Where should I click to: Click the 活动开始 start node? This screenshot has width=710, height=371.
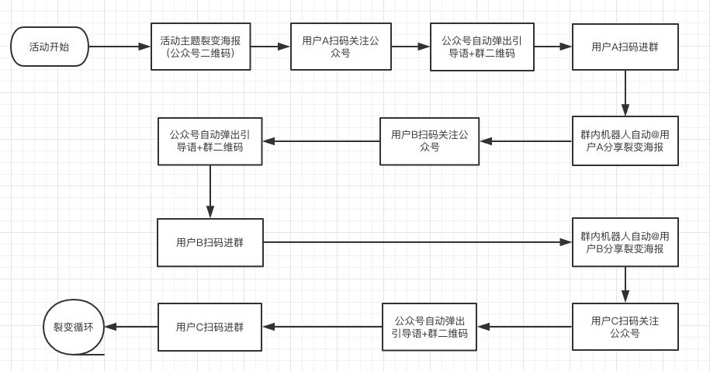coord(48,47)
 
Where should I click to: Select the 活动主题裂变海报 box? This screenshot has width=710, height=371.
coord(200,47)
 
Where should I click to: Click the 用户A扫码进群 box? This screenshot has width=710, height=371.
coord(625,47)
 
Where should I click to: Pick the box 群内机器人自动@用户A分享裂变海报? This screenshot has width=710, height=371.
coord(625,141)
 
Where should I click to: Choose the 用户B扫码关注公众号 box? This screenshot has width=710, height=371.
coord(429,141)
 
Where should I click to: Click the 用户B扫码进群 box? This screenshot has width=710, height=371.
coord(210,243)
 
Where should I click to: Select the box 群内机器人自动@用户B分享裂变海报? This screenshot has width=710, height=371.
coord(625,243)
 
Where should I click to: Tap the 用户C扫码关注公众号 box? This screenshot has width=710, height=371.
coord(625,327)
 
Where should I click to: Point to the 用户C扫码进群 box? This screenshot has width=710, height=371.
coord(210,327)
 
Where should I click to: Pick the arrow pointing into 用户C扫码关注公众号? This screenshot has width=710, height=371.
coord(625,285)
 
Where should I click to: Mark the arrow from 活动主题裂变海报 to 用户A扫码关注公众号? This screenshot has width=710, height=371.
coord(270,47)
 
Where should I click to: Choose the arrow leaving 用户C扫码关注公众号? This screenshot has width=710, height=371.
coord(525,327)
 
